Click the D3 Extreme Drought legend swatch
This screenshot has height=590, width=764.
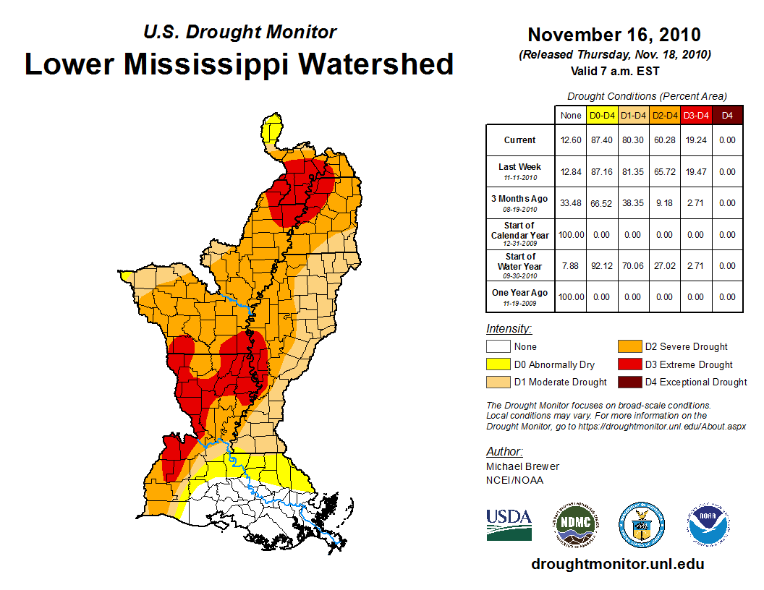[629, 364]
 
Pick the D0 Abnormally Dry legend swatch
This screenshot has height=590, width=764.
[498, 364]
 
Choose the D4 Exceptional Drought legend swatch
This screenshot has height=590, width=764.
[629, 382]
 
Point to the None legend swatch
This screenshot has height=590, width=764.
[498, 347]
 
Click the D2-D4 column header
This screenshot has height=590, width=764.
[665, 115]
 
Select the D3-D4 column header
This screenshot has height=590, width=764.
[696, 115]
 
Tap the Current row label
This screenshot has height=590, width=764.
[520, 140]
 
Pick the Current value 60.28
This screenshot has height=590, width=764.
[665, 140]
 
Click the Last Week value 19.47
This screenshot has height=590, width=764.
[696, 171]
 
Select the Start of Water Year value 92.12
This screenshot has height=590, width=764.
[602, 266]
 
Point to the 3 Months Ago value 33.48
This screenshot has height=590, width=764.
[571, 203]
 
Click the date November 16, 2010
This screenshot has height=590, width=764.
[614, 35]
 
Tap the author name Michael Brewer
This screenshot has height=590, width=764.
[522, 466]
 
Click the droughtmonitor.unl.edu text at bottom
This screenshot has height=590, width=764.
[617, 564]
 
